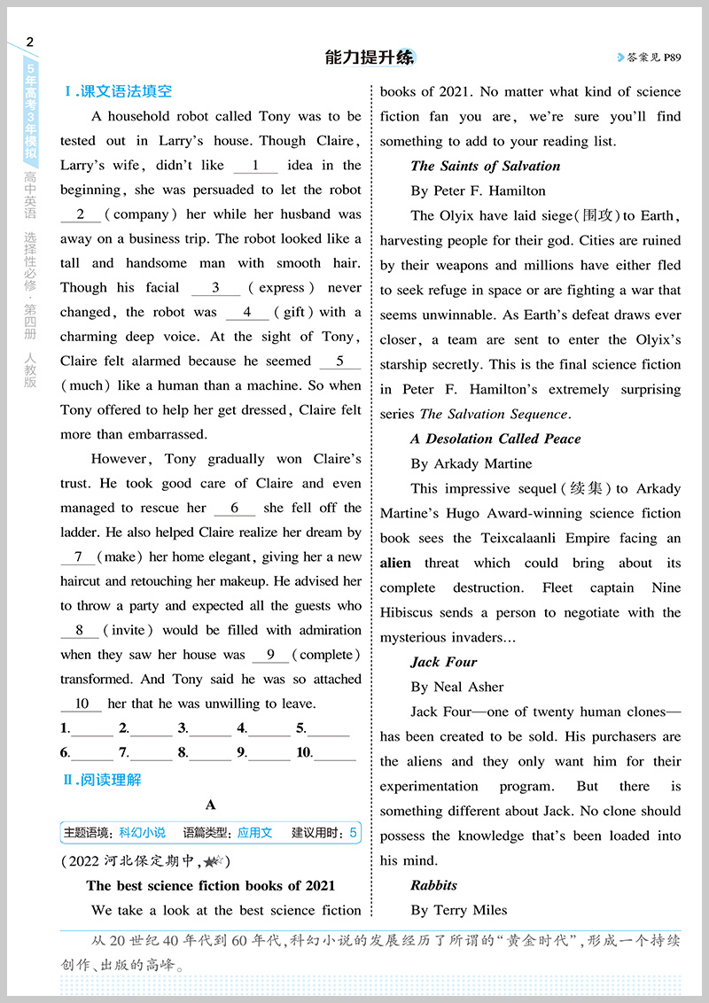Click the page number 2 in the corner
point(31,42)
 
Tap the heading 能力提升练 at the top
point(370,58)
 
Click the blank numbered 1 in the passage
point(255,166)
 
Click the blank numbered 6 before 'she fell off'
point(234,509)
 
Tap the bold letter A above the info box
point(210,805)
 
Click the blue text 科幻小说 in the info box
point(142,833)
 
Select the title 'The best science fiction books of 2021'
point(211,886)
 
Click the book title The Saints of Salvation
point(486,166)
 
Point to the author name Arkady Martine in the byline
point(483,463)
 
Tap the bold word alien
point(395,563)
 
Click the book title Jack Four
point(444,662)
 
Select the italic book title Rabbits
point(434,885)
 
